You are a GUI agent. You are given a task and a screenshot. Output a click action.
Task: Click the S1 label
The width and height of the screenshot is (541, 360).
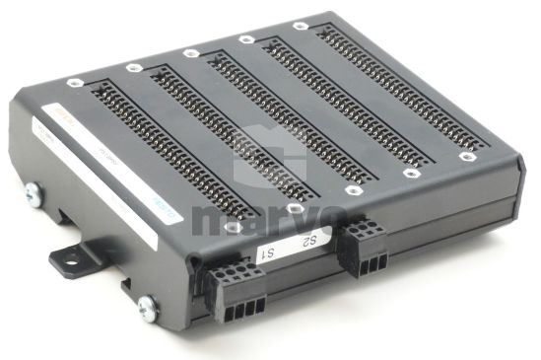coord(266,253)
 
